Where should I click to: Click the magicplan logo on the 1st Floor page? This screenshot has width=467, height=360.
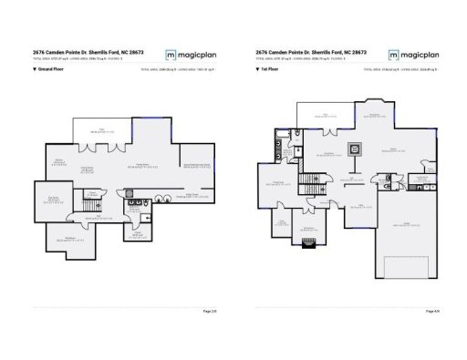point(411,54)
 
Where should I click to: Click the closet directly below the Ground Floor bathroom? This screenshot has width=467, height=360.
point(136,234)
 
